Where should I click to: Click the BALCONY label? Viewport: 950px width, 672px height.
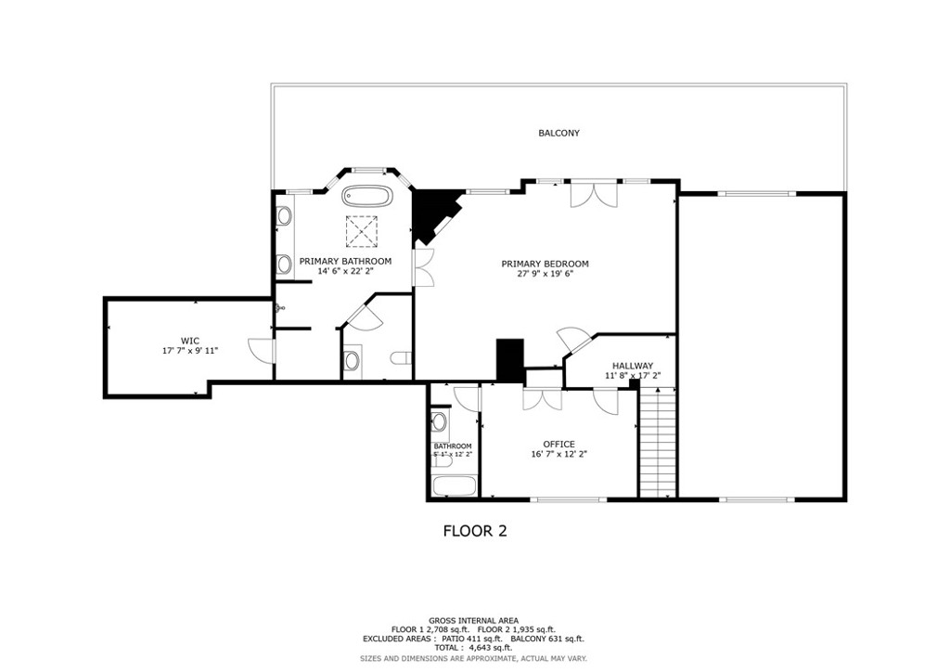tap(558, 134)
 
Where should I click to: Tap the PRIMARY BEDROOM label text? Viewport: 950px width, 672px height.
tap(545, 264)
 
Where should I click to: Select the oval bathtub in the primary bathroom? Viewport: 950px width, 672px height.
tap(367, 197)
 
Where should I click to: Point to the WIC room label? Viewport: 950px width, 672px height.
tap(189, 341)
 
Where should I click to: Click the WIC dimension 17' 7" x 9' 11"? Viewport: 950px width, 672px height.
tap(189, 351)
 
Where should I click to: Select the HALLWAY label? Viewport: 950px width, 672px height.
tap(632, 366)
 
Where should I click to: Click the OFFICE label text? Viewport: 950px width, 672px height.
tap(558, 444)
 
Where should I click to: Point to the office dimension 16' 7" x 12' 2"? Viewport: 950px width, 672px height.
tap(558, 455)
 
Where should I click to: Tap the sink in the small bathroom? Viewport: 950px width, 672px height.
tap(440, 423)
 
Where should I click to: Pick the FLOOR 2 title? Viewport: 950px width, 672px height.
tap(474, 532)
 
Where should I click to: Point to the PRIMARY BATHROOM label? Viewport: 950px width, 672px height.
tap(345, 262)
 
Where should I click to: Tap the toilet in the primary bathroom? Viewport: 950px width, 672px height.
tap(400, 359)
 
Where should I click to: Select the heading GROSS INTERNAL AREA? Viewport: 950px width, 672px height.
tap(473, 620)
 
